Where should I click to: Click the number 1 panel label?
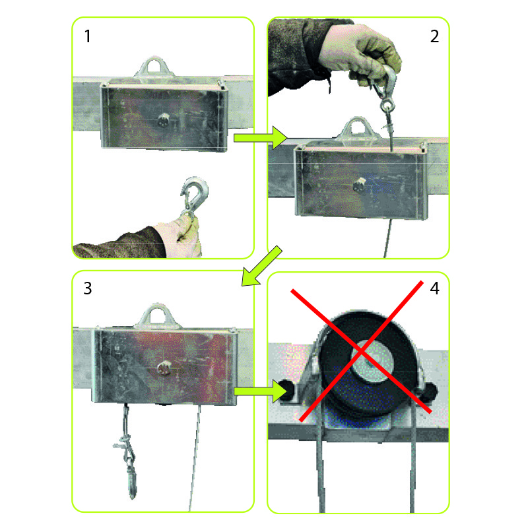click(x=88, y=36)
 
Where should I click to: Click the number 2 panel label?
click(x=434, y=36)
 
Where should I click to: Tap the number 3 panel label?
click(x=88, y=288)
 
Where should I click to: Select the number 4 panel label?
click(x=434, y=288)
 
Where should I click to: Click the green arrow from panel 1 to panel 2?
click(x=260, y=138)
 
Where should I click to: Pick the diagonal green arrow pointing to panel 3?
click(x=261, y=266)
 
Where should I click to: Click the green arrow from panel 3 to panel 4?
click(x=260, y=391)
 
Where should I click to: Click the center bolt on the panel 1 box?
click(x=164, y=120)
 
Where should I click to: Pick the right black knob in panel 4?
click(x=429, y=391)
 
